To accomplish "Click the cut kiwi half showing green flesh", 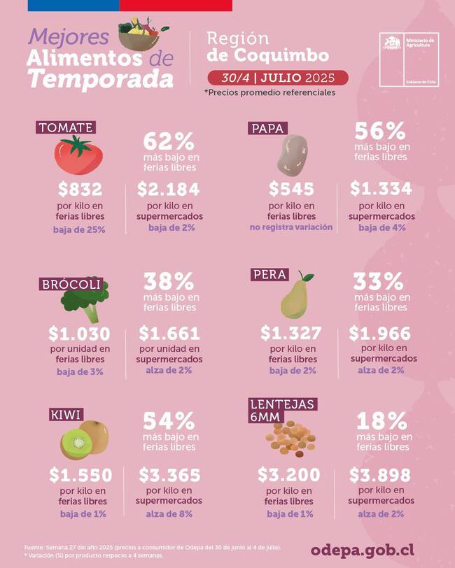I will (78, 442).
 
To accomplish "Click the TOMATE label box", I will (66, 127).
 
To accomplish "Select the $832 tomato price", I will (80, 189).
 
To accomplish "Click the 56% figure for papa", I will (380, 131).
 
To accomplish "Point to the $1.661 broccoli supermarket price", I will (169, 333).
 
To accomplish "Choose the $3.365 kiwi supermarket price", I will (169, 476).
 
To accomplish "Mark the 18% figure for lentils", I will (381, 421).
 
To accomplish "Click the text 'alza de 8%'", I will (169, 514).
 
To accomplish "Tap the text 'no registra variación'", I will (291, 227).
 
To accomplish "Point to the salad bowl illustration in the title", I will (141, 36).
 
